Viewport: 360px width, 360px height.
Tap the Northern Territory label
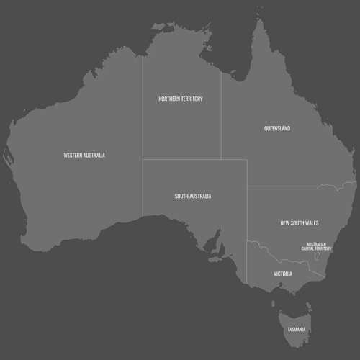coord(181,99)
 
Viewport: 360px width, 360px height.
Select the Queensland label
coord(277,129)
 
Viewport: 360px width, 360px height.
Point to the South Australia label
coord(193,196)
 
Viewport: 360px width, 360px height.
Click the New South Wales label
coord(300,223)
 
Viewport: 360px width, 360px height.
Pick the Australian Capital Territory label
coord(317,246)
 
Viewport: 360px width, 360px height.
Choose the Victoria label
coord(283,274)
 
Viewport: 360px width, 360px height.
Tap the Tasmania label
coord(297,330)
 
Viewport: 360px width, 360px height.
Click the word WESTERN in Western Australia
coord(73,155)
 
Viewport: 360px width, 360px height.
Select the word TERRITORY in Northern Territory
coord(192,99)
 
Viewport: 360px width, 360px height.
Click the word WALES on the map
coord(312,223)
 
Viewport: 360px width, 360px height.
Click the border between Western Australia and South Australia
coord(143,187)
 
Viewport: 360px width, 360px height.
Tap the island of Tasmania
coord(295,320)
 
